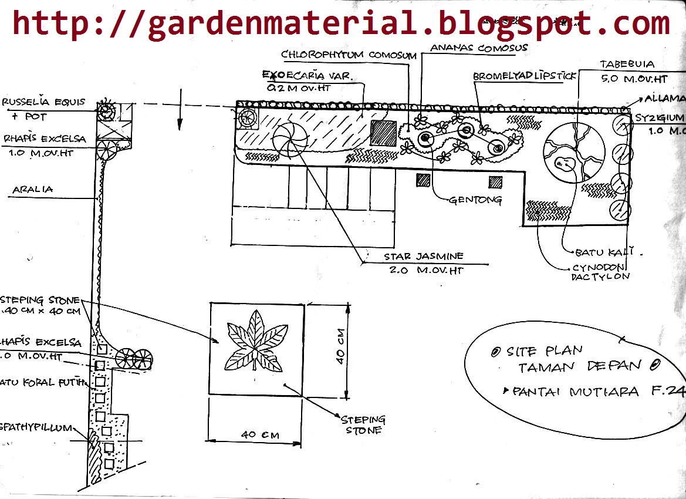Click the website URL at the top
tap(341, 23)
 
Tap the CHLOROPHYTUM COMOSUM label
tap(349, 55)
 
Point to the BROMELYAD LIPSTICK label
tap(525, 76)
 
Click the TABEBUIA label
tap(627, 64)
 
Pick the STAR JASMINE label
tap(424, 257)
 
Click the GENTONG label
tap(475, 200)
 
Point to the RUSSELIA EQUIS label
tap(43, 102)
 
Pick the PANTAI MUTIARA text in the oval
tap(575, 392)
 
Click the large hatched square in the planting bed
tap(384, 133)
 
